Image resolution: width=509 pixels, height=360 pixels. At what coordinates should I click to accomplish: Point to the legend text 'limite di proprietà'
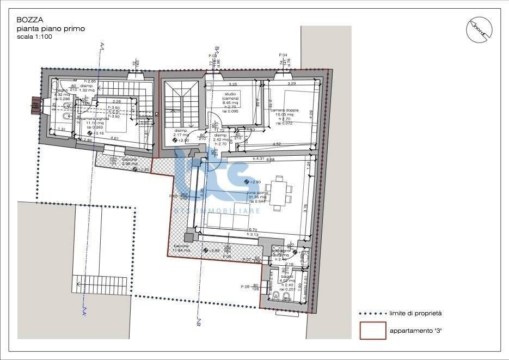tap(415, 313)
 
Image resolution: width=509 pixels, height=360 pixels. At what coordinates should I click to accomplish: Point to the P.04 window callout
tap(283, 55)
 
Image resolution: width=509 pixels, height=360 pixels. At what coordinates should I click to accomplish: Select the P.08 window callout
tap(244, 286)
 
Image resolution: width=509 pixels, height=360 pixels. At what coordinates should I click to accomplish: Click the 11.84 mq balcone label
tap(182, 249)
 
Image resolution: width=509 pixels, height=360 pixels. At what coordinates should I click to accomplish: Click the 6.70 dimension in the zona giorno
tap(253, 229)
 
